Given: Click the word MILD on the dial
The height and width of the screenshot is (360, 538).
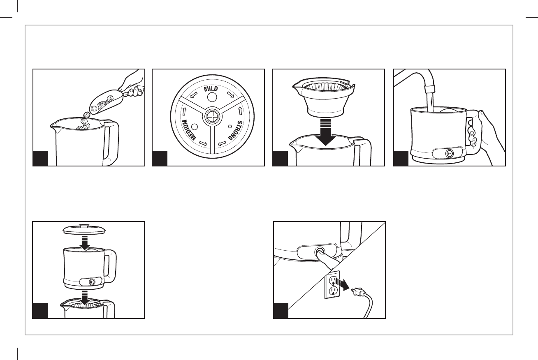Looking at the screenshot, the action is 211,89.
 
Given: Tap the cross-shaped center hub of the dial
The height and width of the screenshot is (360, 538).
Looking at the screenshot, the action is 212,117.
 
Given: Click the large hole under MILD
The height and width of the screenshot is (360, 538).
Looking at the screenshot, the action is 212,97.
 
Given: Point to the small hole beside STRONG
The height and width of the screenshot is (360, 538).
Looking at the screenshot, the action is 230,126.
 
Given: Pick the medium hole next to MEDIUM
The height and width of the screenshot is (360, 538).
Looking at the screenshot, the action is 195,127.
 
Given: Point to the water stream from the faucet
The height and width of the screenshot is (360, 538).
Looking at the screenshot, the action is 430,102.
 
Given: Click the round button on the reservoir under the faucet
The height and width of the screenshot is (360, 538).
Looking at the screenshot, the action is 449,154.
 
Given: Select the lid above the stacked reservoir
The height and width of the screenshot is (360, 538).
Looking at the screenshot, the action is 84,229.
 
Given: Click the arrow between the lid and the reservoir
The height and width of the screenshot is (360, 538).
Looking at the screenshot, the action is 85,243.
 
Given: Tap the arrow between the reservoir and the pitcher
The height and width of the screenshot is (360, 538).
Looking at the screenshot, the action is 85,298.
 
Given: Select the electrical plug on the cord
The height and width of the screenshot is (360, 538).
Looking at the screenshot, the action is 358,292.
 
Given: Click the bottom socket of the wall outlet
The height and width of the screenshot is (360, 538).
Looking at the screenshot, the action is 332,291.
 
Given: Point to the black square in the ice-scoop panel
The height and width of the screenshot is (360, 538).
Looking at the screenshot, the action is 40,158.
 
